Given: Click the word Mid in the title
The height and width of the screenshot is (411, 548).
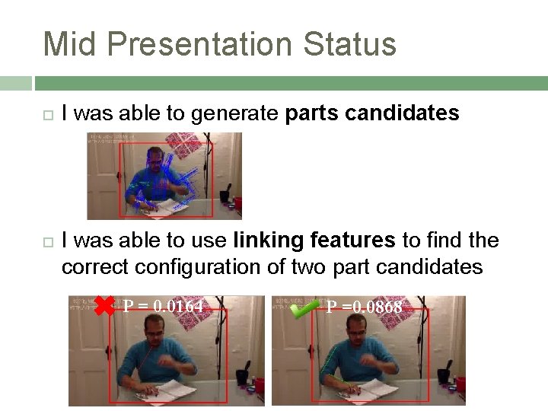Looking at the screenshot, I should pos(70,44).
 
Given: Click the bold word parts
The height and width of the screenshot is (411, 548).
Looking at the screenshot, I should pos(312,114).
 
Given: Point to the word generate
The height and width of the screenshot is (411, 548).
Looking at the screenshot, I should pos(235,114).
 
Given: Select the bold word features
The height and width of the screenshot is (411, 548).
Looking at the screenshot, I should pos(353,241).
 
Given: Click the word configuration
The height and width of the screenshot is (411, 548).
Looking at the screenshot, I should pos(205,267).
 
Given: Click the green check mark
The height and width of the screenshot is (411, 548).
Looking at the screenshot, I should pos(305,307).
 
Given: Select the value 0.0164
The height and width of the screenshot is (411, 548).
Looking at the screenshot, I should pos(178,307).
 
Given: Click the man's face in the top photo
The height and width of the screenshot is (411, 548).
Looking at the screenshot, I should pos(156,162).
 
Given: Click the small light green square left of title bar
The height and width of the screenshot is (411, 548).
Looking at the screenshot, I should pos(16,83).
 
